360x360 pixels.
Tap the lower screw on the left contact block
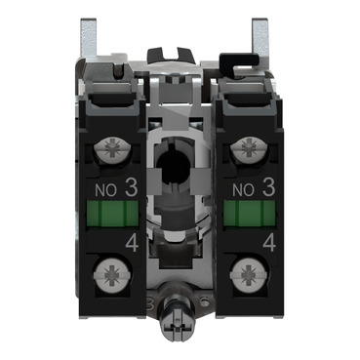pos(112,275)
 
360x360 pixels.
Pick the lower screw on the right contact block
pos(249,275)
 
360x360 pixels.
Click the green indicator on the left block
pos(112,213)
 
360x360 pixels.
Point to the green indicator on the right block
pos(250,213)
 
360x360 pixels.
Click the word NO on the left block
pos(105,190)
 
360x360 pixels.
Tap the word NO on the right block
pos(243,190)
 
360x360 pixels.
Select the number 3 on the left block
pos(131,188)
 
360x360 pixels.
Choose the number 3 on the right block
pos(268,188)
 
